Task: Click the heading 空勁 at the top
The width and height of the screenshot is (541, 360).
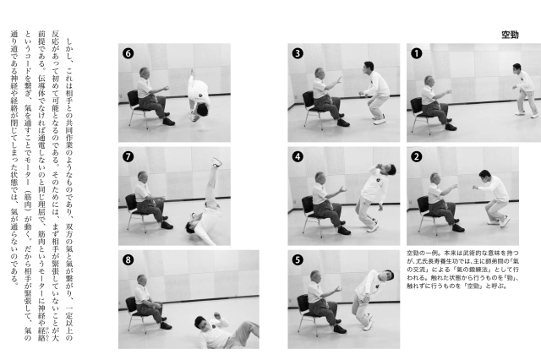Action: click(x=510, y=35)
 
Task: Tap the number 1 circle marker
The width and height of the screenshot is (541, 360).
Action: click(x=417, y=53)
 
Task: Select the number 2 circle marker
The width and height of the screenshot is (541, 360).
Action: click(x=417, y=156)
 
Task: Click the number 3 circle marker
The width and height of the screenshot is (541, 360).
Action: click(x=298, y=53)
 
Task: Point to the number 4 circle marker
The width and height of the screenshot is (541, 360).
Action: click(x=298, y=156)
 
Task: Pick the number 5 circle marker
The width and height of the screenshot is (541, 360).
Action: click(x=298, y=259)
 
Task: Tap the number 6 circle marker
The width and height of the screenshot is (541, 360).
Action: click(x=128, y=53)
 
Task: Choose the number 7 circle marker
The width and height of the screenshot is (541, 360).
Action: click(x=128, y=156)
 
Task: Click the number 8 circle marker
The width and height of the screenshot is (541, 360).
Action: click(x=128, y=259)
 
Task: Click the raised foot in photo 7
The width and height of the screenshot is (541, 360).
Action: click(x=216, y=162)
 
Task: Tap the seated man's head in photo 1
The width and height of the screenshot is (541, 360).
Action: click(x=429, y=80)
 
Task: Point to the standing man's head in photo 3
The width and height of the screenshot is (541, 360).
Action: click(x=369, y=68)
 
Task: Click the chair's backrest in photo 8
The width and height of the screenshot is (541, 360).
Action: click(x=131, y=304)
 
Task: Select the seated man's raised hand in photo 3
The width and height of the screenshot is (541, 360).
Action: click(x=338, y=79)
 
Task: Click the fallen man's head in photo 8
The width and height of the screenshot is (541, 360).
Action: click(x=201, y=323)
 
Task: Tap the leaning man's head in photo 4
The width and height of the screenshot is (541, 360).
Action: click(x=390, y=169)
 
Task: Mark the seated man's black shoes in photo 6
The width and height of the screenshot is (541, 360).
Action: click(x=167, y=119)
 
